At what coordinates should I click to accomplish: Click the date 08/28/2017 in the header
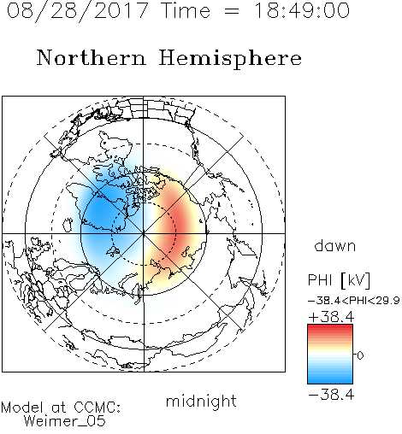tap(78, 11)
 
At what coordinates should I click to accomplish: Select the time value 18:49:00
tap(302, 10)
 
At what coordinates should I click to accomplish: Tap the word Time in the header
tap(186, 10)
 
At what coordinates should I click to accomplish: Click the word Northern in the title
tap(92, 58)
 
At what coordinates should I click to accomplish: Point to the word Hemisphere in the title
tap(230, 59)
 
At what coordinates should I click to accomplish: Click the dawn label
tap(335, 246)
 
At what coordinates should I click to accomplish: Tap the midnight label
tap(201, 401)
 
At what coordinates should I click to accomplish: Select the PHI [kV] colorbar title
tap(339, 280)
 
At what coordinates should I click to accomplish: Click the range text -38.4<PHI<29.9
tap(354, 301)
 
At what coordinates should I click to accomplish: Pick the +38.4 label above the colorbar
tap(331, 317)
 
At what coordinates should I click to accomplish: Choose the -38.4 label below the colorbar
tap(331, 395)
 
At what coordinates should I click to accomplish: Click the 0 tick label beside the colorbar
tap(360, 355)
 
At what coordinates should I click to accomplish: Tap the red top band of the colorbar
tap(330, 328)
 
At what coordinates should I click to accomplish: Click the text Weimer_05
tap(65, 421)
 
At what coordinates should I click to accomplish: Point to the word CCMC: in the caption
tap(98, 408)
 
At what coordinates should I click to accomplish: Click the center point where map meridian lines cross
tap(144, 234)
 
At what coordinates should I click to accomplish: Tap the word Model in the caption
tap(23, 408)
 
